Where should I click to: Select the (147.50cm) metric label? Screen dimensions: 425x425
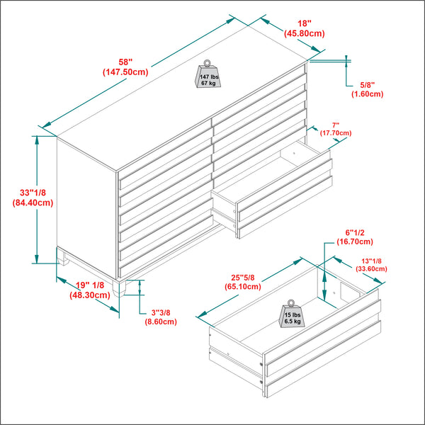(x=125, y=72)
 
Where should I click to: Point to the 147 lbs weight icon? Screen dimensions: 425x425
(x=208, y=74)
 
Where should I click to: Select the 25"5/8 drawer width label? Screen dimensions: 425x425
(x=242, y=276)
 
